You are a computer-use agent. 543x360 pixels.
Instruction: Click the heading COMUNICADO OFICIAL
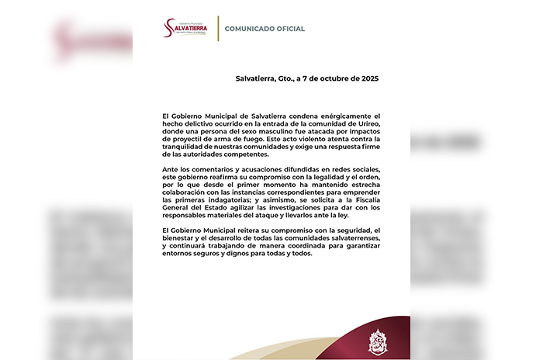(x=265, y=29)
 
